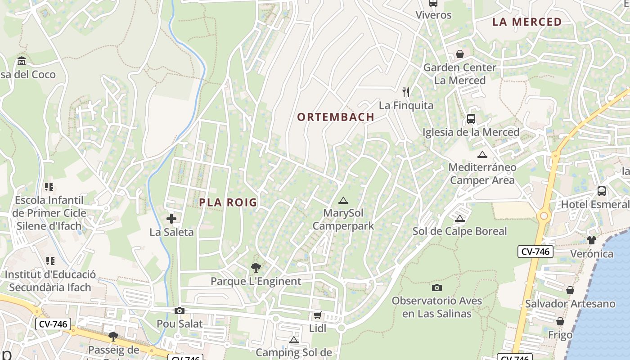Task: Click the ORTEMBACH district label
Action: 336,117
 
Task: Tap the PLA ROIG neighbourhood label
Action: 228,202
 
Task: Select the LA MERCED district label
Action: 527,22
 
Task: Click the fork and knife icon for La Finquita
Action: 406,92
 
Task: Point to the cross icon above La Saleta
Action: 171,219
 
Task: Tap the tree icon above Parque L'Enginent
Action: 256,268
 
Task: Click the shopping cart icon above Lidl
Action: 318,315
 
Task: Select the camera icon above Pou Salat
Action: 180,310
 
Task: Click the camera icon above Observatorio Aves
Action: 436,288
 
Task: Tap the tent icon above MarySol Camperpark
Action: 343,200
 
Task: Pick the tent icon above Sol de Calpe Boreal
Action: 459,219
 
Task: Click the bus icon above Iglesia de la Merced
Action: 471,119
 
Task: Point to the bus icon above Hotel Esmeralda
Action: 602,191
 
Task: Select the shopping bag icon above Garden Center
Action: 460,54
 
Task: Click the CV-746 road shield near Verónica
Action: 535,252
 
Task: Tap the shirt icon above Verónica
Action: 591,240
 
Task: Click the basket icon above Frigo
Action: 560,322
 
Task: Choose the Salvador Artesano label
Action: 570,304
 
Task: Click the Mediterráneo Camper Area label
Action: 482,174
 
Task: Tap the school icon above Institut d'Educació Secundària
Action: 50,261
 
